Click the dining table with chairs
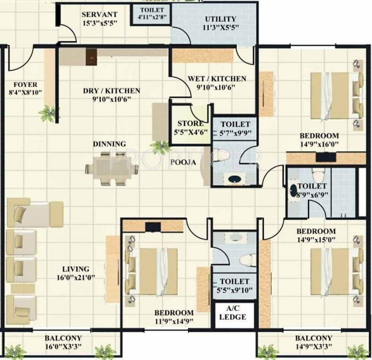112,169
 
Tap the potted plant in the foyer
46,112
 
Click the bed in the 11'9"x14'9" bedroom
152,269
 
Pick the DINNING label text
109,144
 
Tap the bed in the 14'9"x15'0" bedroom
334,272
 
